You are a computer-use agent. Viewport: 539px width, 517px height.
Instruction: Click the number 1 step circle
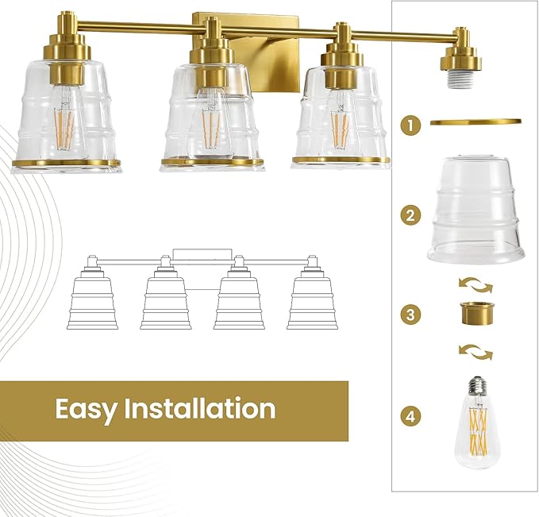pos(410,125)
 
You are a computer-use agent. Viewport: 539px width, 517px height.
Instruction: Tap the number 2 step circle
pos(410,214)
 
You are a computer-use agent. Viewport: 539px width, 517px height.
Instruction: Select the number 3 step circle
pos(410,314)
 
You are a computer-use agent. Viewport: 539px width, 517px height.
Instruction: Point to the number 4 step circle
pos(410,415)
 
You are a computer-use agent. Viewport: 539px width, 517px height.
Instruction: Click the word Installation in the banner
pos(201,409)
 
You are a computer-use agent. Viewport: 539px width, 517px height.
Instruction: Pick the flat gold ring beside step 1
pos(475,122)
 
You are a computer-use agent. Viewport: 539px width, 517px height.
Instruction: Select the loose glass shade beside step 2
pos(475,210)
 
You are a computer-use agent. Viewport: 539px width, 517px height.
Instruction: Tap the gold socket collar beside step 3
pos(475,314)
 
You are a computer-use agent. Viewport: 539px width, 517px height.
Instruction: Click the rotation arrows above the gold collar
pos(475,284)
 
